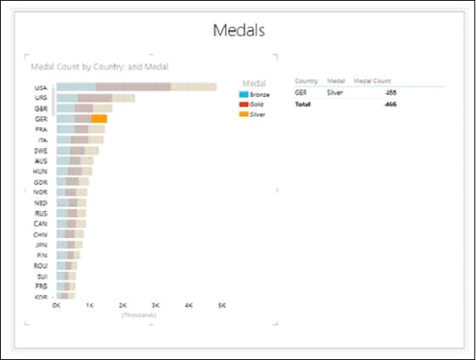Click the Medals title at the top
coord(238,31)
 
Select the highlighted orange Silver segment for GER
coord(99,118)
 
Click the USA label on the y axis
coord(40,87)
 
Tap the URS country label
coord(40,98)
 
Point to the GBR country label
coord(40,108)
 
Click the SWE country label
coord(40,150)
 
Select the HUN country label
coord(40,170)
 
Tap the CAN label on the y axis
coord(40,224)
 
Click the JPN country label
coord(40,244)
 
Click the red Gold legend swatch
coord(244,104)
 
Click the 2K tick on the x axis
coord(122,304)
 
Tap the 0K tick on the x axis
coord(56,304)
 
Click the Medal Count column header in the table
coord(372,81)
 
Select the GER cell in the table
coord(301,93)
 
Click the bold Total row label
coord(303,104)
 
